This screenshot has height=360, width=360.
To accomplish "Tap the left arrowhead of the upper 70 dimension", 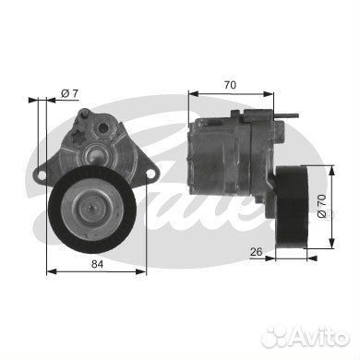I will coord(192,92).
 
